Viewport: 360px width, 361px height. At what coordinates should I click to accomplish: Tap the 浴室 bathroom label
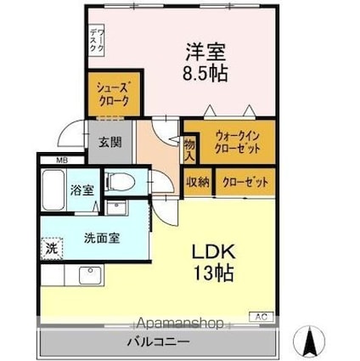(82, 190)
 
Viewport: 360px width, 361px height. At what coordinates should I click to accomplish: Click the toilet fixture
(120, 181)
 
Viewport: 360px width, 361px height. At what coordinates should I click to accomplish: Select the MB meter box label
(63, 160)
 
